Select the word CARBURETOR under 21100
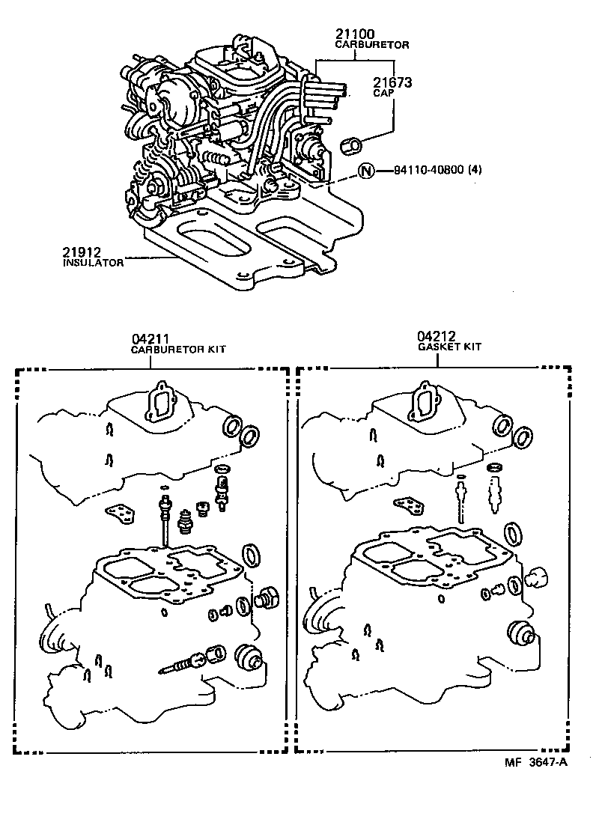(x=371, y=45)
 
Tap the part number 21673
(x=392, y=82)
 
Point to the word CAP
(x=382, y=94)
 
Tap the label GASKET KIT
(x=449, y=347)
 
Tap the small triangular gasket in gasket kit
(x=396, y=505)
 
